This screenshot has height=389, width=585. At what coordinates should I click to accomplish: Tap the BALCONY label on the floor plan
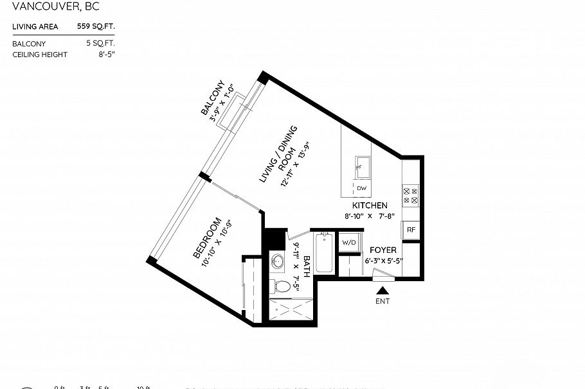[x=213, y=98]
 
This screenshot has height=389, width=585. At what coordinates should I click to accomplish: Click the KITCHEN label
[x=369, y=205]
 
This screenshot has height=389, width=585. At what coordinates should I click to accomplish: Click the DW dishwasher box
[x=361, y=188]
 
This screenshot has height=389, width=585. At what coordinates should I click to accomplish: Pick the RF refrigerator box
[x=410, y=230]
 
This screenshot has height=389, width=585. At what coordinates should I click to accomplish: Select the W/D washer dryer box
[x=348, y=243]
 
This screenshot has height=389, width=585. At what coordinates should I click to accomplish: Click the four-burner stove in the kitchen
[x=410, y=195]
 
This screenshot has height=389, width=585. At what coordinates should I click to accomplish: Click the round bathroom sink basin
[x=278, y=262]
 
